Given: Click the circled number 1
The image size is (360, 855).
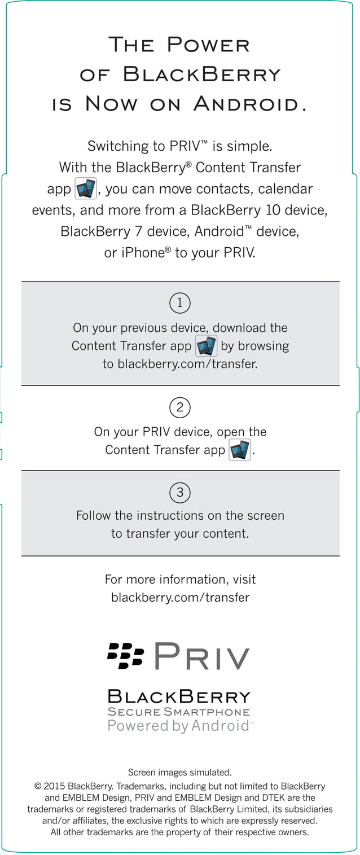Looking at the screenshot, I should pyautogui.click(x=180, y=304).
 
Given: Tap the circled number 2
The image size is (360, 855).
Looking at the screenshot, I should pyautogui.click(x=180, y=407).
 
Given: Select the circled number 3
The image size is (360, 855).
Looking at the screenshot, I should pyautogui.click(x=180, y=493).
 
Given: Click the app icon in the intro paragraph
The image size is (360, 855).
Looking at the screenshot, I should pyautogui.click(x=86, y=188).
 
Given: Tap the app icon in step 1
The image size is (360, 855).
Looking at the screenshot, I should pyautogui.click(x=206, y=346).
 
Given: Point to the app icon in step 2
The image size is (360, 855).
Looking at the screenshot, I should pyautogui.click(x=240, y=450).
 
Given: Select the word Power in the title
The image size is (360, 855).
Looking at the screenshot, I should pyautogui.click(x=209, y=45).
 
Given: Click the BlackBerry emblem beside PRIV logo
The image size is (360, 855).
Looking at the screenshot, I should pyautogui.click(x=125, y=655).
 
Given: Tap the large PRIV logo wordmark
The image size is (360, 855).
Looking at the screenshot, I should pyautogui.click(x=202, y=656).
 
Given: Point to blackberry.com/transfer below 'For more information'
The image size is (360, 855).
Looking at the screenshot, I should pyautogui.click(x=180, y=597).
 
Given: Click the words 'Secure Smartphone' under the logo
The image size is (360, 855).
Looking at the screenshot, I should pyautogui.click(x=179, y=712).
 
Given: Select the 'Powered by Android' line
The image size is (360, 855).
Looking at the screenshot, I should pyautogui.click(x=179, y=726).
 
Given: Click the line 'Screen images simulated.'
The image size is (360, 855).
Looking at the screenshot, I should pyautogui.click(x=179, y=772).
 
